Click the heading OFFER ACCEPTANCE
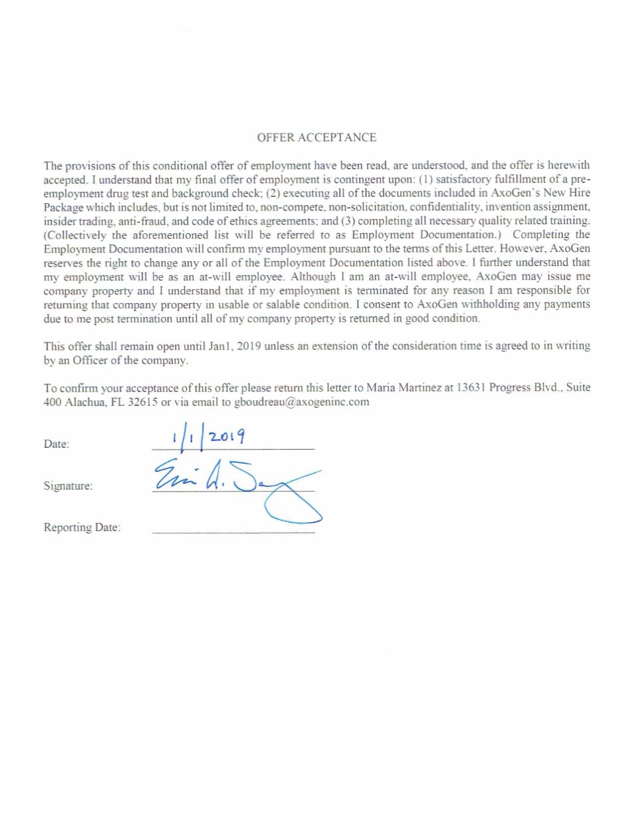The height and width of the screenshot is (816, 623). coord(316,138)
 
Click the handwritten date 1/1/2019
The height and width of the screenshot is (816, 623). coord(208,437)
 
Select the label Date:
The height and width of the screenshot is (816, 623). coord(57,444)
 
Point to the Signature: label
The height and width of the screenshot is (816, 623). coord(68,486)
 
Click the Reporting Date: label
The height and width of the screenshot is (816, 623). coord(82,528)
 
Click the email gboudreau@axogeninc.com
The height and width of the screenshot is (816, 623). coord(302,402)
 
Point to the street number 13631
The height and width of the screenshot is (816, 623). coord(471,388)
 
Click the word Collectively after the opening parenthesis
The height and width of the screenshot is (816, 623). coord(77,234)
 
